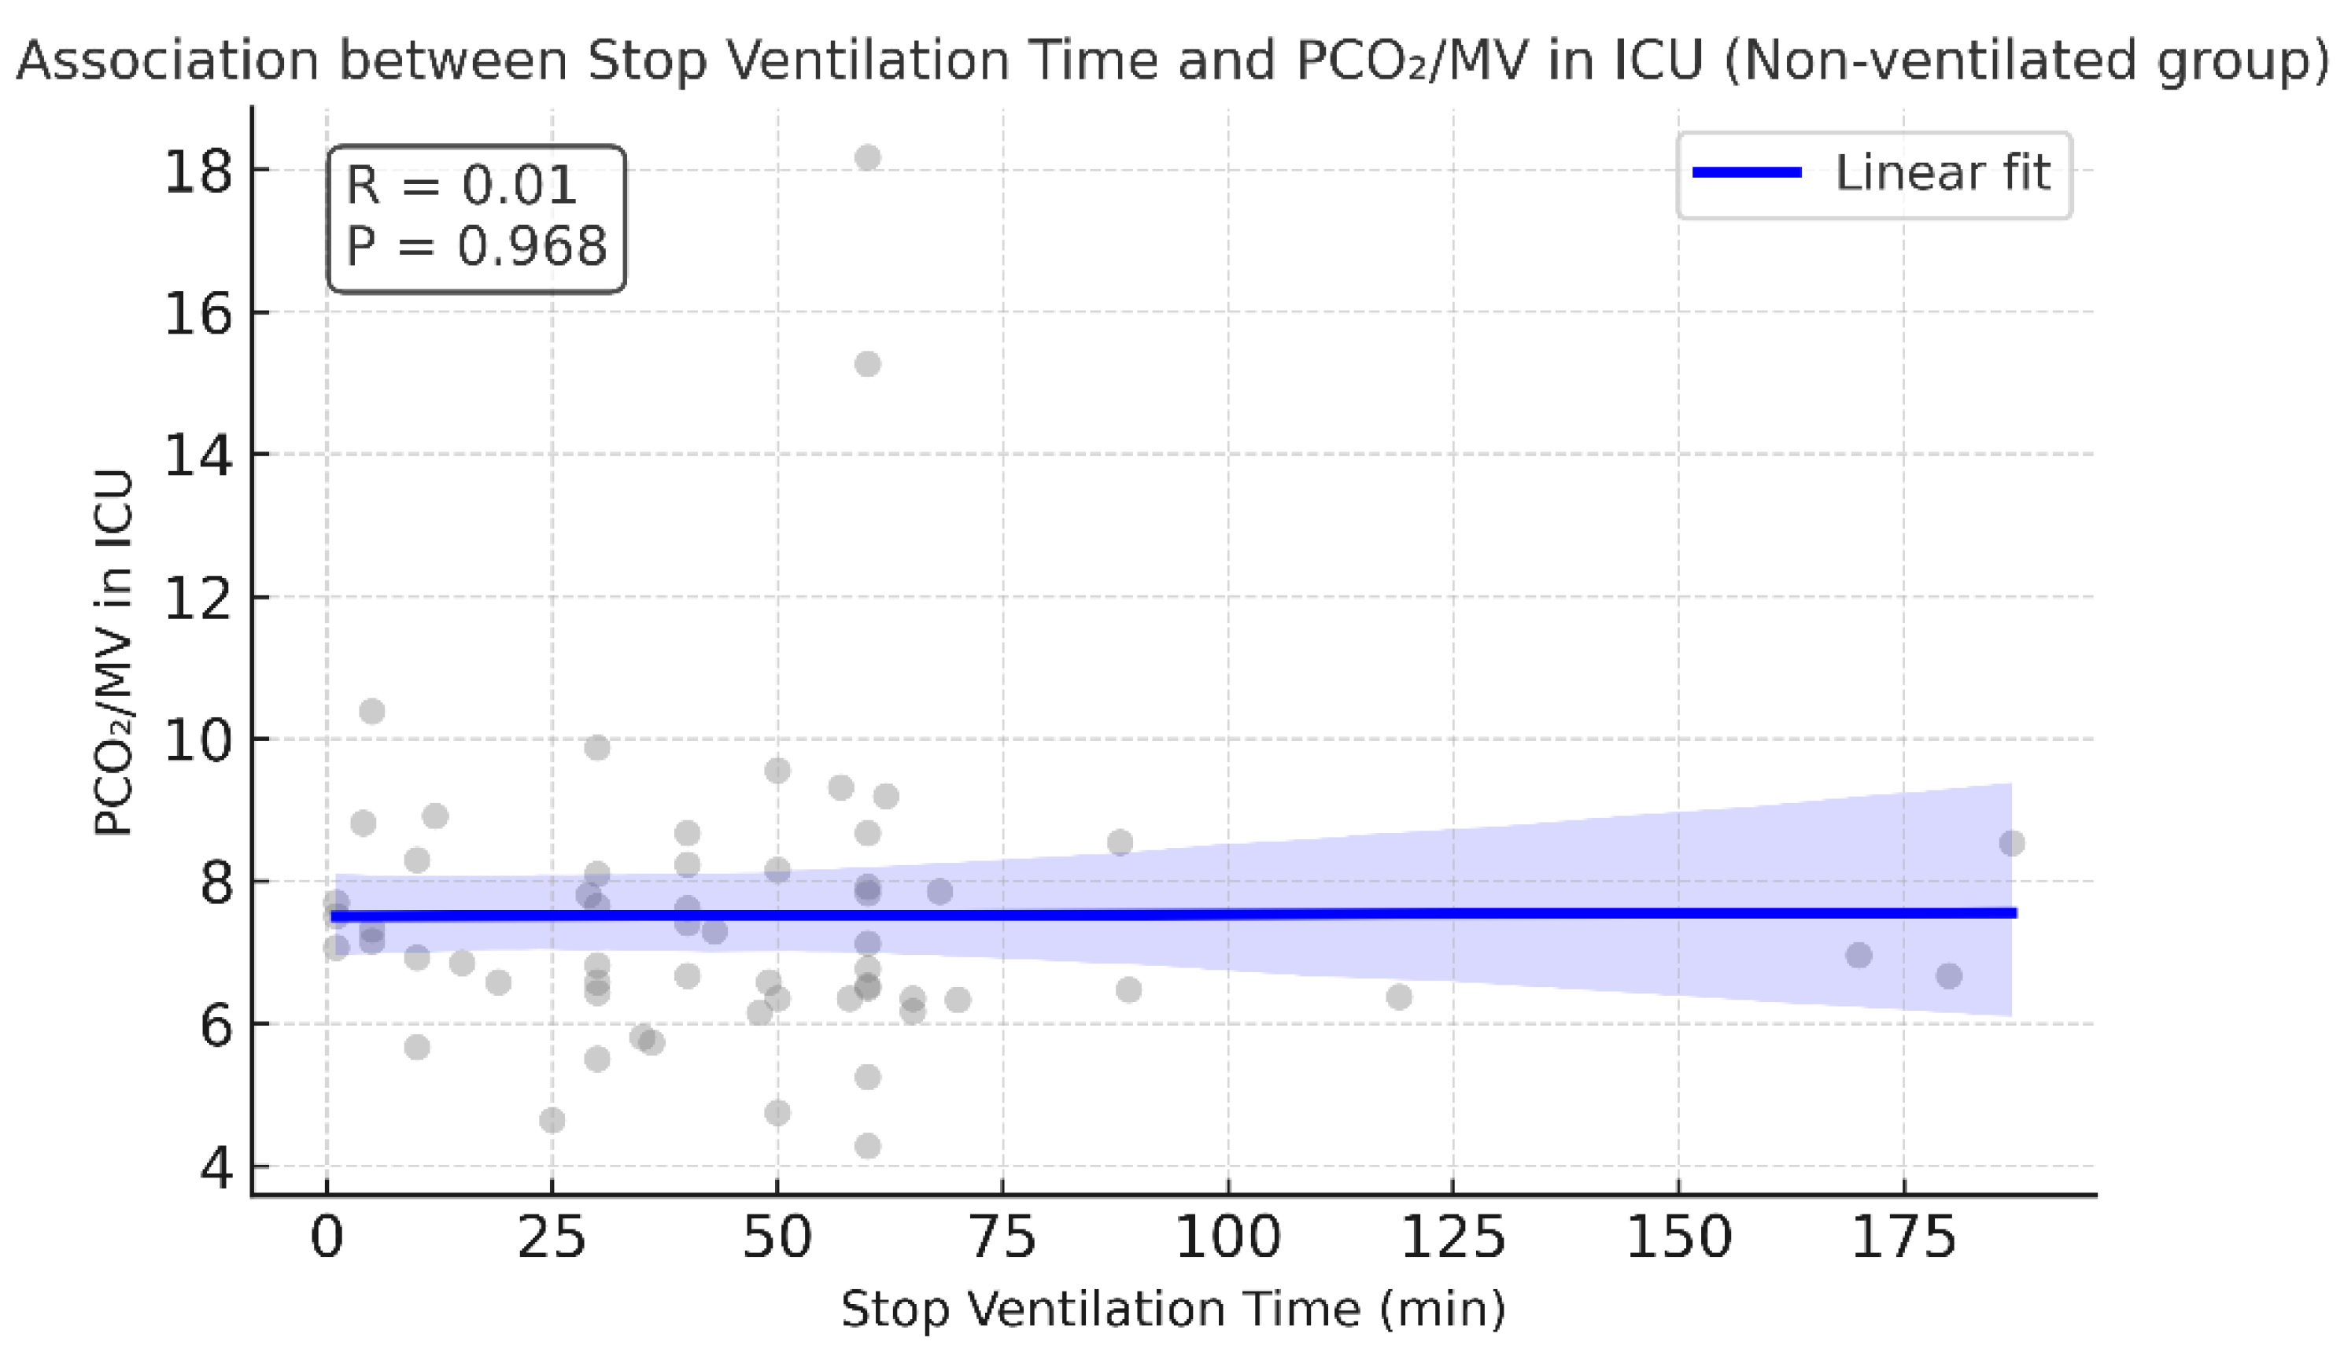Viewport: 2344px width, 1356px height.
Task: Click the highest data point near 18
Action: pos(867,157)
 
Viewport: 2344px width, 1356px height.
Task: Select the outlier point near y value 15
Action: pos(867,363)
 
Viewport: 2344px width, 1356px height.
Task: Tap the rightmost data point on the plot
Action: pos(2012,843)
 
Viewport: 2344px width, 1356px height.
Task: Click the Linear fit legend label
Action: pos(1942,173)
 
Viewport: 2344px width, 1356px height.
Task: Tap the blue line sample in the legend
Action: pos(1747,173)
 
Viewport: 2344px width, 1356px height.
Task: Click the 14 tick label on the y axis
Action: pos(197,455)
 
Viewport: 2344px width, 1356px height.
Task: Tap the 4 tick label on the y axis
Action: pos(216,1167)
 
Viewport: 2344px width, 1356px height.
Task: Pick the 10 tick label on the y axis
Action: pos(197,740)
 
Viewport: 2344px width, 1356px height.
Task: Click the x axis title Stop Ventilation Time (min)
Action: pos(1173,1310)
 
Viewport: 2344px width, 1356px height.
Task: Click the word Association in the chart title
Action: pos(168,61)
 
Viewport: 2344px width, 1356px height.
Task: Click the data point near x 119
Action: pos(1399,997)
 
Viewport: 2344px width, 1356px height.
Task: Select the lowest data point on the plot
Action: pos(867,1146)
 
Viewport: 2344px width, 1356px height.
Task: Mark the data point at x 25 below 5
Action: pos(552,1120)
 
